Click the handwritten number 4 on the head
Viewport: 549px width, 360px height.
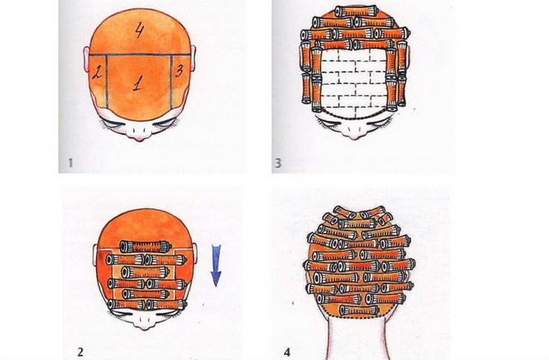pos(139,31)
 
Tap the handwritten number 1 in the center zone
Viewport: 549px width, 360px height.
pos(137,84)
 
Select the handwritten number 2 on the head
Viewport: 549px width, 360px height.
pos(97,73)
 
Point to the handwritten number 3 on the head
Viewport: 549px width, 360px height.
pos(179,71)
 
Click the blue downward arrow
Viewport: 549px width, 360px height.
pos(216,266)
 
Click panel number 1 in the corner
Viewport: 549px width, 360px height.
pos(70,163)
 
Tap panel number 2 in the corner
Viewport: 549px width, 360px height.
pos(80,351)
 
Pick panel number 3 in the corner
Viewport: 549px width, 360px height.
pos(278,163)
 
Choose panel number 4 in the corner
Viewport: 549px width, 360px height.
pos(287,351)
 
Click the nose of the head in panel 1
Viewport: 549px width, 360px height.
pos(139,134)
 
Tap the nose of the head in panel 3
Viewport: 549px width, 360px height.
pos(354,131)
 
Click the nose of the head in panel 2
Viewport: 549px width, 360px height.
pos(143,322)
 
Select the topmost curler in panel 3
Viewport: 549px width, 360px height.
pos(357,11)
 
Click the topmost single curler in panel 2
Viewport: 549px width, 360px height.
pos(145,247)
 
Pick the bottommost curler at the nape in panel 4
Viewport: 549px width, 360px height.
pos(359,310)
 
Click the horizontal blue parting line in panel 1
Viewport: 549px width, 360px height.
pos(140,55)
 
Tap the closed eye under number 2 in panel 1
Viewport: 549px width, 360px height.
pos(111,123)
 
